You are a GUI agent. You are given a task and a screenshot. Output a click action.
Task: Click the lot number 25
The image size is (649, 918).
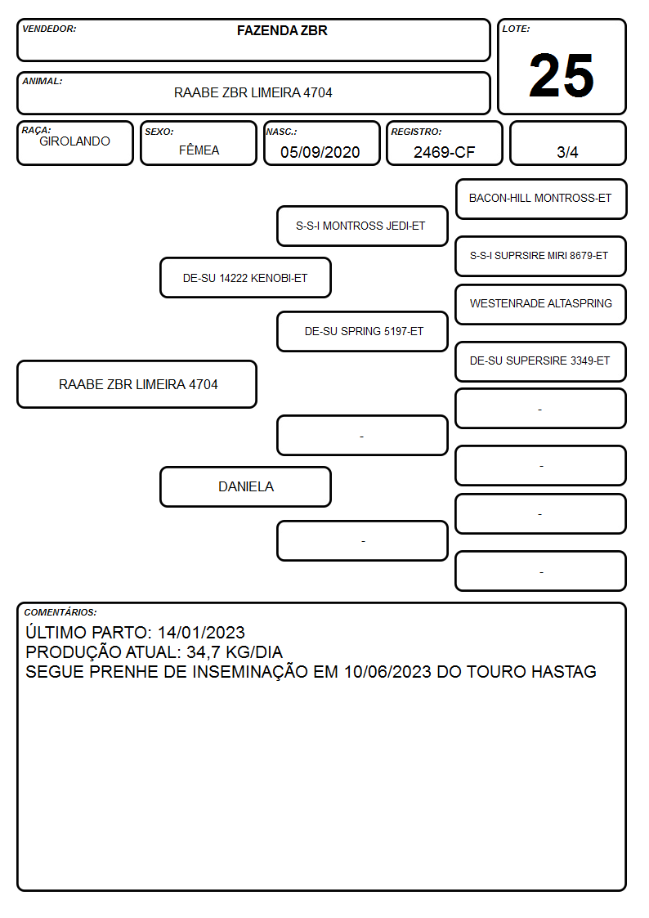click(562, 75)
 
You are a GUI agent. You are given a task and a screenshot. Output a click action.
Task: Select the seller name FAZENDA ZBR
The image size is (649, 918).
click(282, 30)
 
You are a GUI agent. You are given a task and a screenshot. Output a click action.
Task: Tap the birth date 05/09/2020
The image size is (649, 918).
click(320, 152)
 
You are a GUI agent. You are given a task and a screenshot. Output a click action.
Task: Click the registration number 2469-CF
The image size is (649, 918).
click(444, 152)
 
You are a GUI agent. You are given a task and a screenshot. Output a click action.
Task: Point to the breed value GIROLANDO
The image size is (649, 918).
click(74, 141)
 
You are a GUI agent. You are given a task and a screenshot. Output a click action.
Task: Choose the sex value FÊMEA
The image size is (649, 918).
click(199, 150)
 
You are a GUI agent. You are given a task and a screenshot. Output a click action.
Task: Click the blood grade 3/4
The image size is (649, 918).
click(567, 152)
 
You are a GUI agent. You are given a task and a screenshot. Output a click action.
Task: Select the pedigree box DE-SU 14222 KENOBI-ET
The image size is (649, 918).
click(245, 277)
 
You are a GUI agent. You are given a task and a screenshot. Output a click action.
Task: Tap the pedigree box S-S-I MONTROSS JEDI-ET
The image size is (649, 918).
click(362, 226)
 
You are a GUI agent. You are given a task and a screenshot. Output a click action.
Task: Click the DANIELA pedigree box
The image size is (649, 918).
click(245, 486)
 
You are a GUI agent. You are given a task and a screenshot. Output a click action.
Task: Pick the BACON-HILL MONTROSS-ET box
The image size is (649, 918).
click(541, 199)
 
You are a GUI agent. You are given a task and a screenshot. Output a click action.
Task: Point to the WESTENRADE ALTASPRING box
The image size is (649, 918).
click(541, 304)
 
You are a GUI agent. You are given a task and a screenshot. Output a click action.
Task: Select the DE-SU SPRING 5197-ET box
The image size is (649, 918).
click(362, 331)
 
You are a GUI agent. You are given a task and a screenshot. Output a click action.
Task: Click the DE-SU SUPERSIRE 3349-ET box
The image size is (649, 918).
click(541, 361)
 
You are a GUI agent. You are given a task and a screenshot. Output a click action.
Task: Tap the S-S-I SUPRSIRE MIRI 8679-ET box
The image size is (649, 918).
click(541, 256)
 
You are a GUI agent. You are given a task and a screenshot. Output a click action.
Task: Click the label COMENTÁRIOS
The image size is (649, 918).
click(60, 612)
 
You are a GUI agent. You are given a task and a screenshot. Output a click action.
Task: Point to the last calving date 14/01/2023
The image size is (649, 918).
click(201, 632)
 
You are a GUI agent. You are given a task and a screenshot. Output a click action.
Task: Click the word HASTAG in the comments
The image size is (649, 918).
click(564, 671)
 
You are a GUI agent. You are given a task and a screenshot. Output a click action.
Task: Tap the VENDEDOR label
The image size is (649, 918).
click(49, 29)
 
